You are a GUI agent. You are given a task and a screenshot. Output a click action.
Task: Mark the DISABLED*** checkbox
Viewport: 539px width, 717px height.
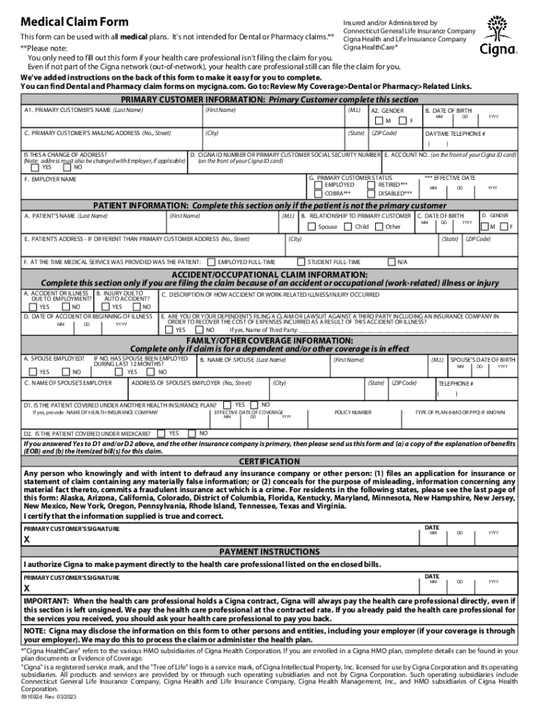[x=372, y=193]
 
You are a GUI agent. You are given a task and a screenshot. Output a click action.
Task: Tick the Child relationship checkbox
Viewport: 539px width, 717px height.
[x=349, y=227]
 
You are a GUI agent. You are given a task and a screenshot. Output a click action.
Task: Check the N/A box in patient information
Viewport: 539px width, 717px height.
[x=391, y=262]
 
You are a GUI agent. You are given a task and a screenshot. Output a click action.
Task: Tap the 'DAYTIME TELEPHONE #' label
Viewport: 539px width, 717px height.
[x=455, y=133]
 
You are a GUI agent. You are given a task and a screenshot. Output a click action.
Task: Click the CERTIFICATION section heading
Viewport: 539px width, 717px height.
[x=269, y=462]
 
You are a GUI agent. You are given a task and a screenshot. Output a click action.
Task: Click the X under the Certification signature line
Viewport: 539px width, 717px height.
[x=27, y=541]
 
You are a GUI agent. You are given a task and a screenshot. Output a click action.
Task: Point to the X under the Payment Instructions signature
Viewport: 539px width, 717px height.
[x=27, y=589]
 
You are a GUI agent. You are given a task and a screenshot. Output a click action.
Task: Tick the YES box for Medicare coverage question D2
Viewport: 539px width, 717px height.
[x=162, y=433]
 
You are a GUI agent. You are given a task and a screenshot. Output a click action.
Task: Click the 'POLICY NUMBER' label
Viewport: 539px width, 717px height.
[x=353, y=412]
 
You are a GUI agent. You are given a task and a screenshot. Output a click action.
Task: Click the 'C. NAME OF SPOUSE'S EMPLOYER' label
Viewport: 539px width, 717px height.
[x=68, y=383]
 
